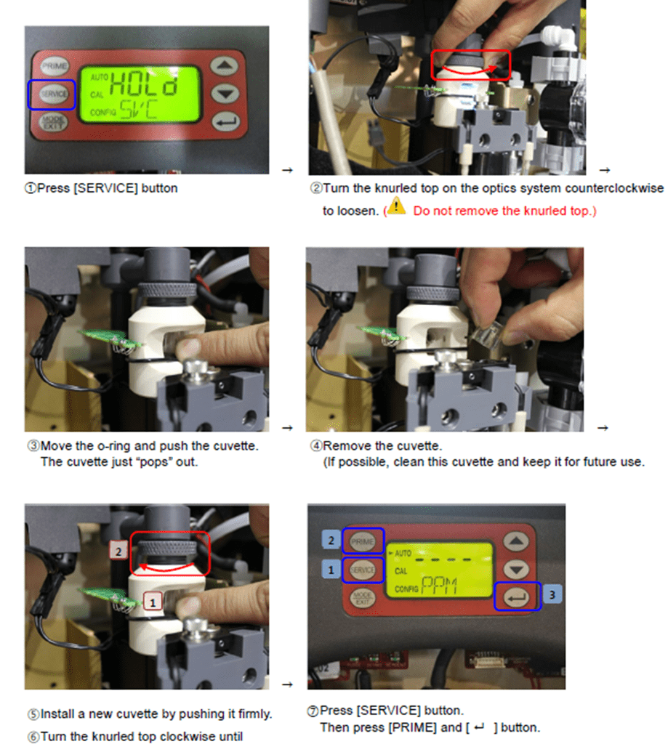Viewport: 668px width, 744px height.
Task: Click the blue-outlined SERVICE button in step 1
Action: tap(53, 94)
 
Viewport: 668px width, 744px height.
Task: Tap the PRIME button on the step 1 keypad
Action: tap(54, 66)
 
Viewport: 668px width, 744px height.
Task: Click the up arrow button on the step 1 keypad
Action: tap(224, 65)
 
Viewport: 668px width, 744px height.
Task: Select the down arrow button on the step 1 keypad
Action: tap(225, 94)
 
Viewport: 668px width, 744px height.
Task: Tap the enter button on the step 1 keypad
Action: tap(226, 122)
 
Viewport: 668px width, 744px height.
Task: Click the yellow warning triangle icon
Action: tap(396, 206)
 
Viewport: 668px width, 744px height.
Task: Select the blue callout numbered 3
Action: tap(552, 594)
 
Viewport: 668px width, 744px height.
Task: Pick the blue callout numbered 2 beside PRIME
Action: tap(331, 540)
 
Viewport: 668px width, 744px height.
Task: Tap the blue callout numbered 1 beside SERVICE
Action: tap(331, 570)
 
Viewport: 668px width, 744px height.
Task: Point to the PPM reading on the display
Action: tap(440, 586)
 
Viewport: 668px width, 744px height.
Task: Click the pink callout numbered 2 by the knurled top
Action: tap(118, 551)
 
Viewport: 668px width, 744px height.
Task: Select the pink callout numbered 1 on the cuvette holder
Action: tap(153, 602)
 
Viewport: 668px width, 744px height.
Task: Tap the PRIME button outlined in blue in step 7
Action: tap(362, 541)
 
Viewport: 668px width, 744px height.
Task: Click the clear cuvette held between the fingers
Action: tap(486, 332)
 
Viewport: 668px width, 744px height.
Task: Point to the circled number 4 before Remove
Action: tap(316, 446)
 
